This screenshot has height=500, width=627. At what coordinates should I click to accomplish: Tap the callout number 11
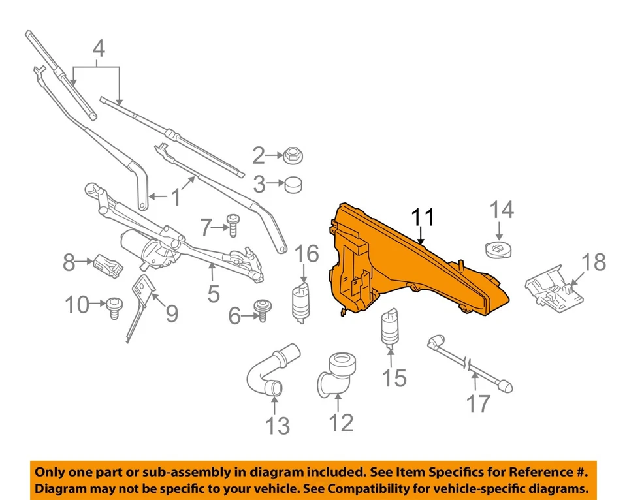pos(422,217)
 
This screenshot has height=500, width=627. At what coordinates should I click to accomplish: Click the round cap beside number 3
pos(294,185)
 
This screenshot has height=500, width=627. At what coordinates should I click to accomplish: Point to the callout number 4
pos(98,48)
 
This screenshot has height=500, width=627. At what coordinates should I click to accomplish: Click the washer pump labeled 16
pos(302,301)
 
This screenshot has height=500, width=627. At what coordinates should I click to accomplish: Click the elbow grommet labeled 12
pos(335,374)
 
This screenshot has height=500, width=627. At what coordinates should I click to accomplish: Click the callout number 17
pos(478,403)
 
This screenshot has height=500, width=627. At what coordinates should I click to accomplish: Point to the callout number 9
pos(171,315)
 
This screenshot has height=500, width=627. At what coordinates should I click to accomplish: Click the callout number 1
pos(175,196)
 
